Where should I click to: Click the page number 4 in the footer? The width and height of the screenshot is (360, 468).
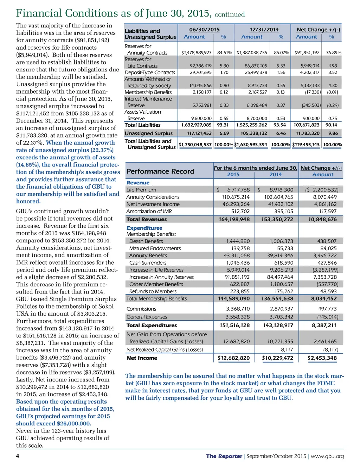pyautogui.click(x=18, y=456)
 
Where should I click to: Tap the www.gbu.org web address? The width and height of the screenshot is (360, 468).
pyautogui.click(x=327, y=456)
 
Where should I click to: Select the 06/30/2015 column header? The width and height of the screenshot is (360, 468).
pyautogui.click(x=204, y=30)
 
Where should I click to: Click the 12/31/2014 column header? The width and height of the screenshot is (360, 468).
pyautogui.click(x=264, y=30)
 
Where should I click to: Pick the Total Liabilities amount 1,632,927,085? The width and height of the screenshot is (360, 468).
pyautogui.click(x=197, y=125)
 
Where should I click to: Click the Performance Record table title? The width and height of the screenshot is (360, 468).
pyautogui.click(x=160, y=171)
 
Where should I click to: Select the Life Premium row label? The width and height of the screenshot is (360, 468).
pyautogui.click(x=141, y=190)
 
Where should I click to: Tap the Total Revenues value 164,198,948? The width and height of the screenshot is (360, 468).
pyautogui.click(x=234, y=219)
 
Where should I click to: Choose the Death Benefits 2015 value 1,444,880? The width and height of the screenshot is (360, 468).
pyautogui.click(x=238, y=241)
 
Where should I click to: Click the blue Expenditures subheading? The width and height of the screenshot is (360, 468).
pyautogui.click(x=144, y=228)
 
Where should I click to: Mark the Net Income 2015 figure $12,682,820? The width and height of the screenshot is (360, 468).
pyautogui.click(x=234, y=358)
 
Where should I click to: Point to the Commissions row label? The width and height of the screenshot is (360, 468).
pyautogui.click(x=141, y=309)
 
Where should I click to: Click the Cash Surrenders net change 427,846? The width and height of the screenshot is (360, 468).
pyautogui.click(x=327, y=263)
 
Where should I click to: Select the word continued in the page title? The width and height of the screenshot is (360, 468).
pyautogui.click(x=230, y=14)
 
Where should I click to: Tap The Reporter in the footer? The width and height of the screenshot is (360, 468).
pyautogui.click(x=224, y=456)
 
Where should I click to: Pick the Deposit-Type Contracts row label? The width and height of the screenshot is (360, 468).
pyautogui.click(x=150, y=72)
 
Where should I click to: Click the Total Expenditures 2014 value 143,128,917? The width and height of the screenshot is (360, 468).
pyautogui.click(x=278, y=325)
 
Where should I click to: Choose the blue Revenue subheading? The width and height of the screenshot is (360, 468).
pyautogui.click(x=138, y=183)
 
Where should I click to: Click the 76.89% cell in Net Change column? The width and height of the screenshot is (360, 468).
pyautogui.click(x=334, y=53)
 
